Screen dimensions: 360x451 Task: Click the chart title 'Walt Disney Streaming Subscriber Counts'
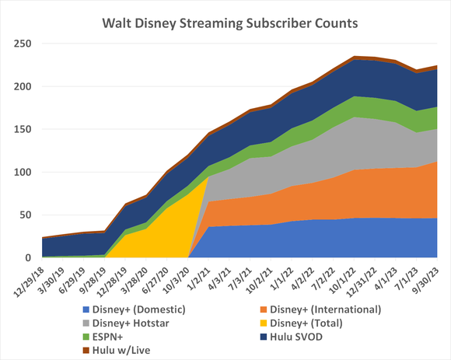[x=230, y=23]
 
